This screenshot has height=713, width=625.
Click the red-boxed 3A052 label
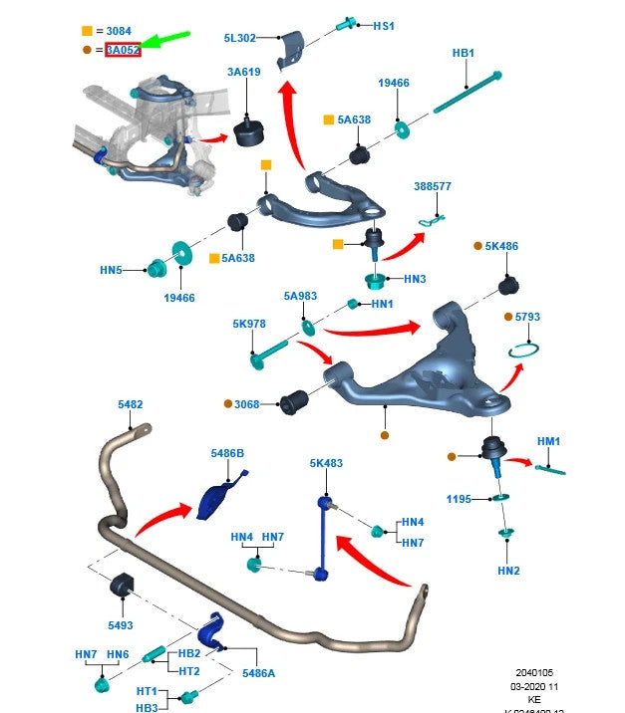[123, 49]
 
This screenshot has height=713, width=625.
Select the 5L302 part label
[240, 38]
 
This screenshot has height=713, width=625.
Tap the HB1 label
[464, 53]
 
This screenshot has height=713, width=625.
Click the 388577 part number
[433, 186]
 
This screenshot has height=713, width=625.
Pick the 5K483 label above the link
[326, 463]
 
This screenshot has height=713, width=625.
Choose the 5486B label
[227, 453]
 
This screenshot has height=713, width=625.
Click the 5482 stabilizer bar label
[130, 404]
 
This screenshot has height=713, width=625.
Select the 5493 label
[120, 625]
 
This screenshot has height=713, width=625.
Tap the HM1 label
[549, 441]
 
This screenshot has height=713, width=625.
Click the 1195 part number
[459, 499]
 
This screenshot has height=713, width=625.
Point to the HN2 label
[508, 571]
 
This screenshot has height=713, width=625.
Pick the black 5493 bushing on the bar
[120, 585]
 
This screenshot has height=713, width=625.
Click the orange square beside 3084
[87, 32]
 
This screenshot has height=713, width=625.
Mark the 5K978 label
[249, 324]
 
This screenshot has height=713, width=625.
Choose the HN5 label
[111, 269]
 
